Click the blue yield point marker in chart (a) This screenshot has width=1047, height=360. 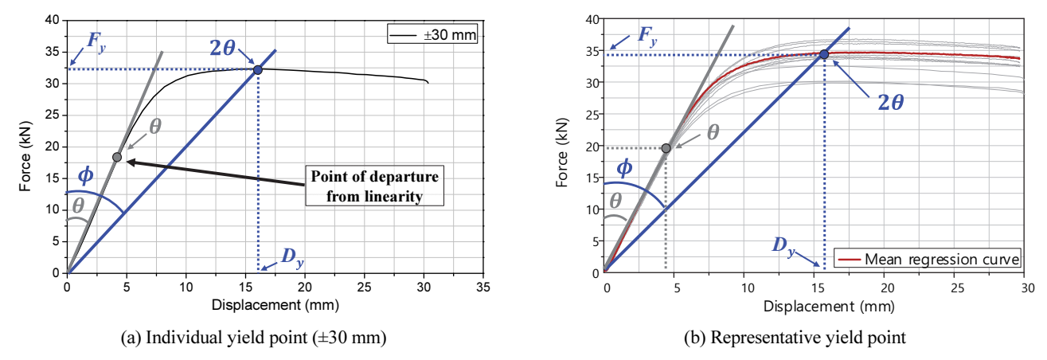(257, 70)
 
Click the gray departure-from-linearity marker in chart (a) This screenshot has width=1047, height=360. (117, 157)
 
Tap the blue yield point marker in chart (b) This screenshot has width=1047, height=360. (824, 55)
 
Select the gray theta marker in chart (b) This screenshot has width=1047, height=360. (666, 148)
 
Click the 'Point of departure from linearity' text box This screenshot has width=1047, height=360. (374, 186)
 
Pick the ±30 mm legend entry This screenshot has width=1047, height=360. (432, 34)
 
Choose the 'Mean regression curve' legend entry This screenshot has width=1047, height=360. (928, 259)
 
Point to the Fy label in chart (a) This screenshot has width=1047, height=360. (96, 42)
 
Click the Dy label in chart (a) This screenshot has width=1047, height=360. (292, 258)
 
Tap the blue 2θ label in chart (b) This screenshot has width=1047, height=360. (891, 102)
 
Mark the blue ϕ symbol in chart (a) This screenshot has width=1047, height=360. (85, 175)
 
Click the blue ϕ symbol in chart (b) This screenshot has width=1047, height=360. (624, 168)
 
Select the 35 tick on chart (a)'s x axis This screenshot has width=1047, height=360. (483, 287)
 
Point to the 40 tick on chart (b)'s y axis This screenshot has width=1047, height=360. (592, 20)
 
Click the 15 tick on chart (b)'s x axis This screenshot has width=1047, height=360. (817, 288)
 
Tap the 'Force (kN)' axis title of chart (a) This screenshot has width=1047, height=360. (25, 156)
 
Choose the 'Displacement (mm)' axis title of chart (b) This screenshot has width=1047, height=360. (829, 307)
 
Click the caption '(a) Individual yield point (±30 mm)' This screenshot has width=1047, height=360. (253, 338)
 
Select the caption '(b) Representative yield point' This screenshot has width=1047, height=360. (795, 338)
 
